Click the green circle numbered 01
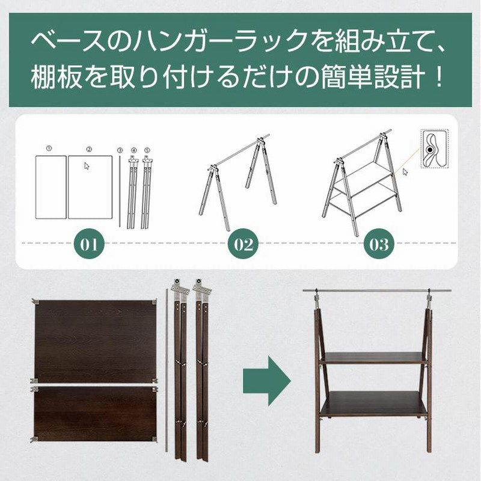point(89,244)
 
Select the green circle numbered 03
point(379,244)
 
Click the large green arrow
point(265,380)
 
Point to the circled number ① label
point(49,147)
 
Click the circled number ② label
point(88,148)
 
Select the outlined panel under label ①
point(51,186)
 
